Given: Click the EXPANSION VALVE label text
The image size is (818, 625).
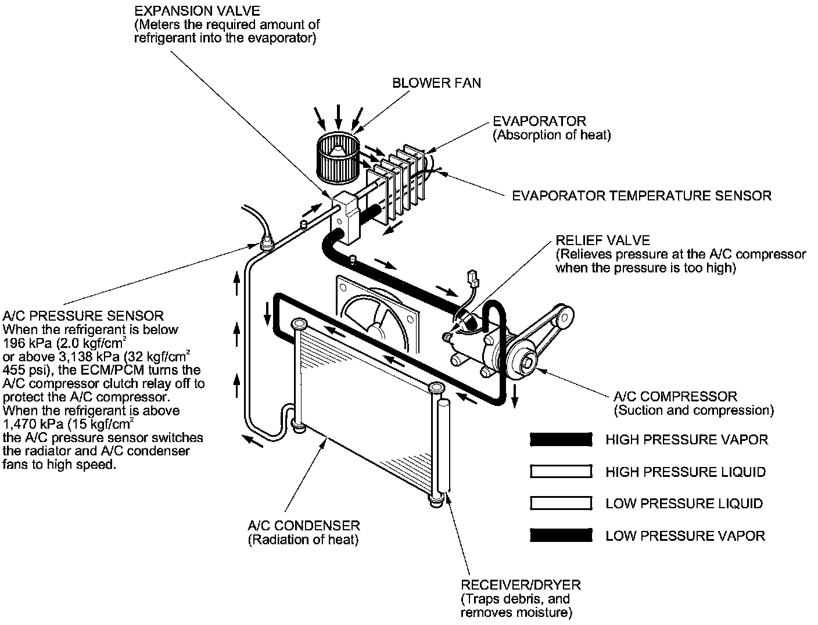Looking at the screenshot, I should (197, 11).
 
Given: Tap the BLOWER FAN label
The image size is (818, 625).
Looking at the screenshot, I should (436, 83).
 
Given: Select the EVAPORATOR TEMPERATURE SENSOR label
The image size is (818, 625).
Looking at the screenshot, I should (641, 196).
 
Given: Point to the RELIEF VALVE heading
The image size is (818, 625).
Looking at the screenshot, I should (602, 240).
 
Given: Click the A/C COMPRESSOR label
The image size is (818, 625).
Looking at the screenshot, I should (675, 397).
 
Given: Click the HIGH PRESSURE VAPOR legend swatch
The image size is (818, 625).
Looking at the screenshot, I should (561, 440).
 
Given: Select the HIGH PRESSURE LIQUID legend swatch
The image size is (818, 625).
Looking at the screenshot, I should (561, 472).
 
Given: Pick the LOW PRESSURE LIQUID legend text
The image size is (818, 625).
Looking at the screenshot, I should (684, 504).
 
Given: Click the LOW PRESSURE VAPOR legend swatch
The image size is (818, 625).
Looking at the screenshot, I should (561, 536).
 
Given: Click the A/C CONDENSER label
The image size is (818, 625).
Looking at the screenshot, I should (304, 526).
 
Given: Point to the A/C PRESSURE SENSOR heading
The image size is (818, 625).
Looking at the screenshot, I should (83, 316).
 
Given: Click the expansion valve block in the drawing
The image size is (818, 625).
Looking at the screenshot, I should (346, 218).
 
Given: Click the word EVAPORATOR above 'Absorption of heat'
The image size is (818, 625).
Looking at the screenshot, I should (539, 121).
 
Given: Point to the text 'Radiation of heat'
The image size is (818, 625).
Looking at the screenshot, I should (303, 540).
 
